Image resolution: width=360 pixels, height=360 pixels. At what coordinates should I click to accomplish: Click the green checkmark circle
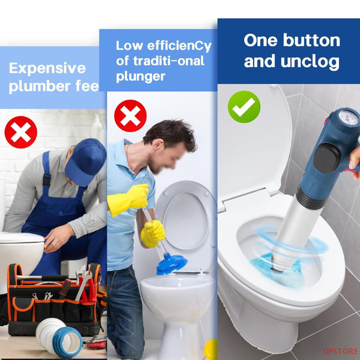click(x=244, y=107)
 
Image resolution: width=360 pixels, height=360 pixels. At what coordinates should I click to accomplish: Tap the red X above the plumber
click(x=21, y=132)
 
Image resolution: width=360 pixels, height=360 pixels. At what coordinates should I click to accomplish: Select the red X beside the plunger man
click(x=130, y=116)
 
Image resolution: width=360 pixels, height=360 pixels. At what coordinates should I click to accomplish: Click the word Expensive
click(x=47, y=68)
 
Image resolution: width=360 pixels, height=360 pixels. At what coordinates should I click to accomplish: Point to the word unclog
click(x=310, y=62)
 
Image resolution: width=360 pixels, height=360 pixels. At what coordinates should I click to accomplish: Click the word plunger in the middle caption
click(x=140, y=76)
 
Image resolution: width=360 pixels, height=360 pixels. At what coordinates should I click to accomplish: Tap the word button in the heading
click(x=311, y=40)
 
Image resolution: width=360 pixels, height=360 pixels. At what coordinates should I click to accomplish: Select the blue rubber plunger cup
click(x=172, y=263)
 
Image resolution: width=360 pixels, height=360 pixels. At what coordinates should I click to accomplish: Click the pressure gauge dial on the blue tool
click(x=348, y=118)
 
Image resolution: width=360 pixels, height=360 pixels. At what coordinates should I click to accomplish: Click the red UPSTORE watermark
click(x=340, y=351)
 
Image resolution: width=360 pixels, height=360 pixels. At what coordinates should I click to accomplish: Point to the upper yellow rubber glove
click(x=129, y=199)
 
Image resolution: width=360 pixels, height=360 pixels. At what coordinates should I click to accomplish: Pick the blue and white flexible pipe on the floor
click(x=59, y=336)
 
